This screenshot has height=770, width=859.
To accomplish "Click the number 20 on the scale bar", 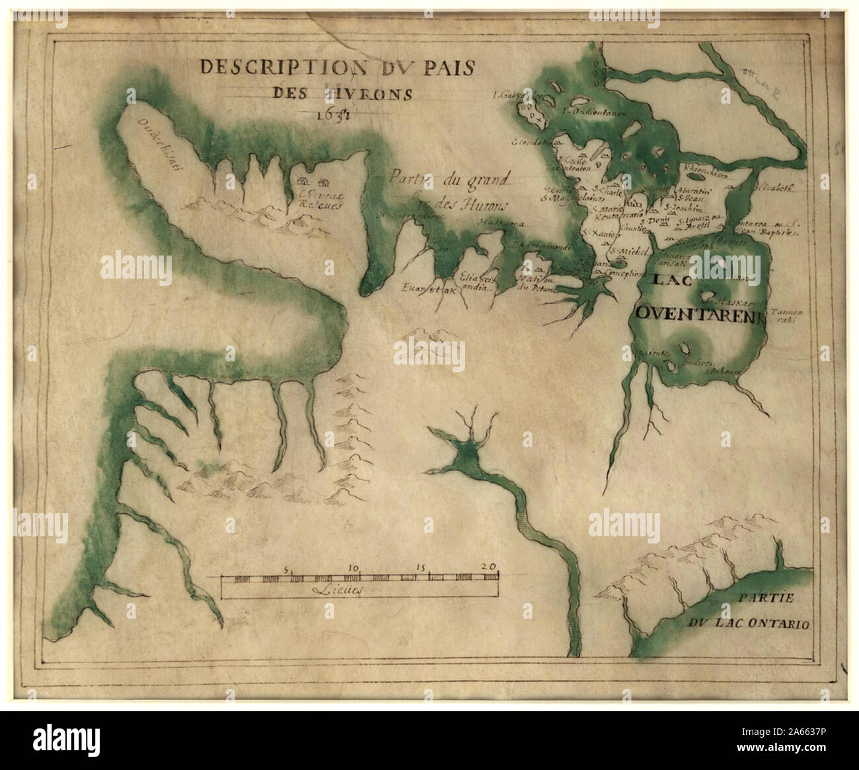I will (489, 567).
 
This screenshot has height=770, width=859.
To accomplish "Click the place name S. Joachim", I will (684, 207).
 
